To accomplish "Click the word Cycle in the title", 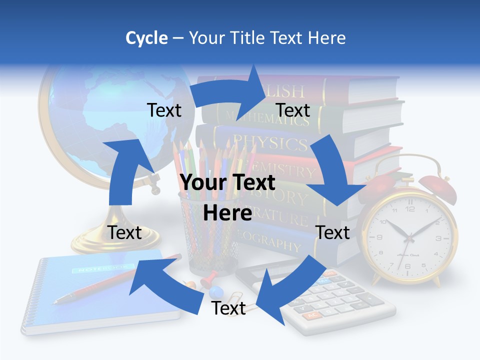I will pyautogui.click(x=146, y=38).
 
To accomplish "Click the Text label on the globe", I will pyautogui.click(x=164, y=110).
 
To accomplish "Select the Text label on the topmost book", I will pyautogui.click(x=293, y=110).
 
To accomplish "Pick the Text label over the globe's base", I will pyautogui.click(x=125, y=232).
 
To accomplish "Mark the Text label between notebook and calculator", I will pyautogui.click(x=228, y=308).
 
